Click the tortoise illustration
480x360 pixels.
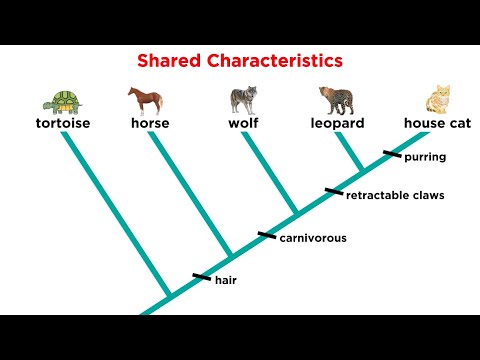(61, 102)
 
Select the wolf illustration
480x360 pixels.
(243, 100)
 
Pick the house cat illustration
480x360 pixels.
(437, 101)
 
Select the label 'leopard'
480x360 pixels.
(336, 124)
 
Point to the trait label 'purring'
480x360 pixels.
(425, 157)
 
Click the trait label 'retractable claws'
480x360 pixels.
(395, 195)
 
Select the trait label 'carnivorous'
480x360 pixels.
(313, 238)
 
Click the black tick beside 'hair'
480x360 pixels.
(201, 276)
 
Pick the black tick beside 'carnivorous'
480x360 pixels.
(266, 235)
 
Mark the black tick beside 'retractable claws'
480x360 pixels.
(333, 191)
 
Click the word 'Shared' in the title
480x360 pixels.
(173, 61)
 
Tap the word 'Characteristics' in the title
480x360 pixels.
(278, 61)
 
